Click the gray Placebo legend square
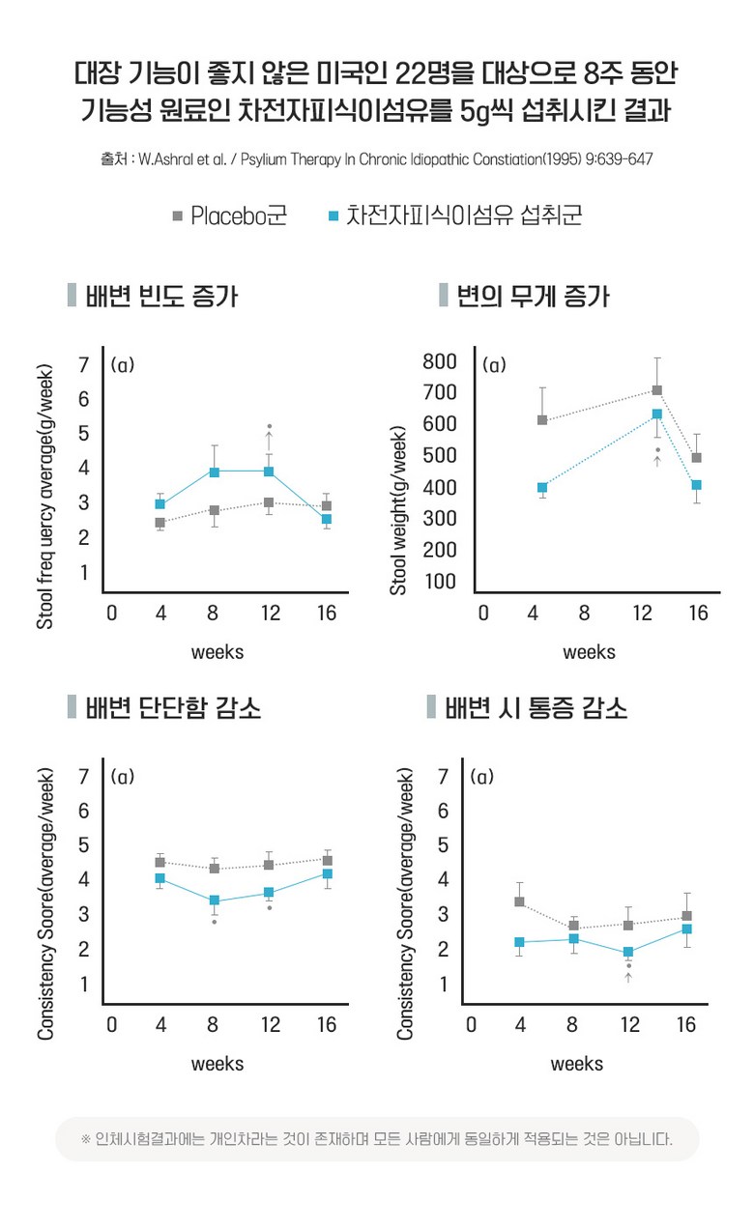(x=178, y=215)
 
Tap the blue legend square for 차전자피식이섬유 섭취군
(x=333, y=215)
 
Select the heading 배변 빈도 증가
(x=161, y=296)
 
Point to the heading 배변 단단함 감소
(x=173, y=708)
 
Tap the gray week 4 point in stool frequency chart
(x=159, y=523)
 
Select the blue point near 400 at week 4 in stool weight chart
(x=542, y=487)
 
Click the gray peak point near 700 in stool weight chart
(x=657, y=390)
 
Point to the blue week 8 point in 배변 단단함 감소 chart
(x=215, y=900)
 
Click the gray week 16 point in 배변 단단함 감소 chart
(x=328, y=860)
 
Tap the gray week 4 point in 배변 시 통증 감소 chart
(x=519, y=901)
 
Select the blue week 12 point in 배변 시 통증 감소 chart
(x=628, y=952)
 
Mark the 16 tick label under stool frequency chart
(x=326, y=613)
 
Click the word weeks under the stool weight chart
(x=589, y=652)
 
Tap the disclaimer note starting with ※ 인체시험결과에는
(x=377, y=1138)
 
